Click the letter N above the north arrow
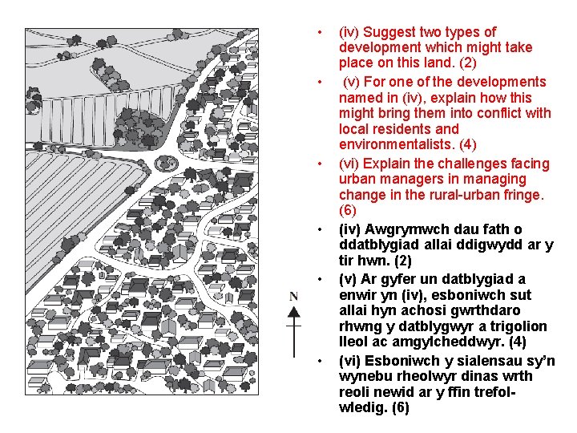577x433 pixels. [293, 297]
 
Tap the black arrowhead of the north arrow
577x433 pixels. [293, 313]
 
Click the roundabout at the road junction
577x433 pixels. [166, 163]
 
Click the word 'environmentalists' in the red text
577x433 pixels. [397, 144]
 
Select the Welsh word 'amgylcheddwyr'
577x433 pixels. [448, 342]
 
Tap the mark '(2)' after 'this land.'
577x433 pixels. [468, 63]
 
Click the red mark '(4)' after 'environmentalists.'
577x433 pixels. [468, 144]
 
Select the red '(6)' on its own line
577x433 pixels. [347, 210]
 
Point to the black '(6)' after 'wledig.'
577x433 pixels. [401, 407]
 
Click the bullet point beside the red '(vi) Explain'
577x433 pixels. [320, 164]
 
